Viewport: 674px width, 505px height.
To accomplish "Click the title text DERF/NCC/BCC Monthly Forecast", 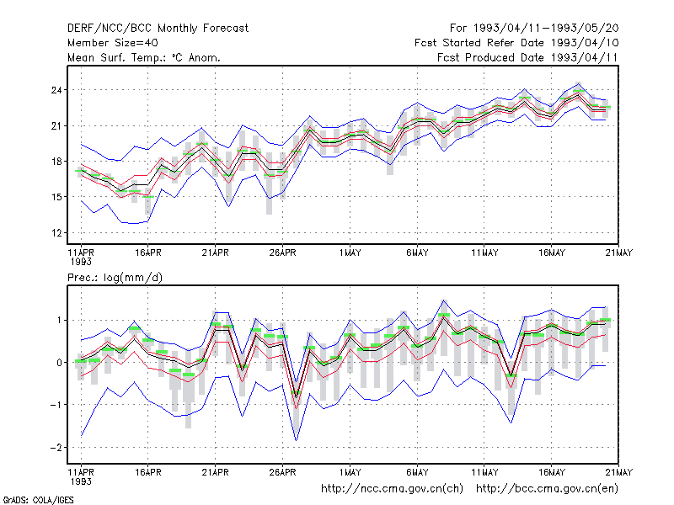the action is (158, 29).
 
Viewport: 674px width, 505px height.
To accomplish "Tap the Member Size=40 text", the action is (113, 43).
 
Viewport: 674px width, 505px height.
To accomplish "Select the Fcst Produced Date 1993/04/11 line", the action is (527, 57).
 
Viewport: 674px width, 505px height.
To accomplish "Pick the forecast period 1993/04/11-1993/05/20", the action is (546, 29).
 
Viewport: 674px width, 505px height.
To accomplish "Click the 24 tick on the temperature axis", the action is (56, 90).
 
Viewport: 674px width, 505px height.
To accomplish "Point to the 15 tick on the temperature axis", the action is (56, 197).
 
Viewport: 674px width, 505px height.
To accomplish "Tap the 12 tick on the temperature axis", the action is (56, 233).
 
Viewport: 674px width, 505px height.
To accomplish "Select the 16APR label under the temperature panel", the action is (148, 252).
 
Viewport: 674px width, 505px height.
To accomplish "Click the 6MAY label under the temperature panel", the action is (417, 252).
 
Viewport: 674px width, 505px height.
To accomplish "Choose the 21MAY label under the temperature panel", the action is (618, 252).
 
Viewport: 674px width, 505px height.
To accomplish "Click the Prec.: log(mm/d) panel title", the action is (115, 278).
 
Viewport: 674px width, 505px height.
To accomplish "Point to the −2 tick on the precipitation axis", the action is (56, 448).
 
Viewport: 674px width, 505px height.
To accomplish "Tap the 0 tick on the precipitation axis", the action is (60, 363).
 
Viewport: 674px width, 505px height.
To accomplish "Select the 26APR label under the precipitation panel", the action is (283, 472).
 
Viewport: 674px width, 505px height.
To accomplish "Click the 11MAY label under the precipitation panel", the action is (484, 472).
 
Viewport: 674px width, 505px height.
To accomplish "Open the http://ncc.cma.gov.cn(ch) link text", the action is (392, 489).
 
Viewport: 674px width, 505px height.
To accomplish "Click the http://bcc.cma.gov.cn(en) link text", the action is (547, 489).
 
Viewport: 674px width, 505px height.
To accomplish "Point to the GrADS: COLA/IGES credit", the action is (38, 500).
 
